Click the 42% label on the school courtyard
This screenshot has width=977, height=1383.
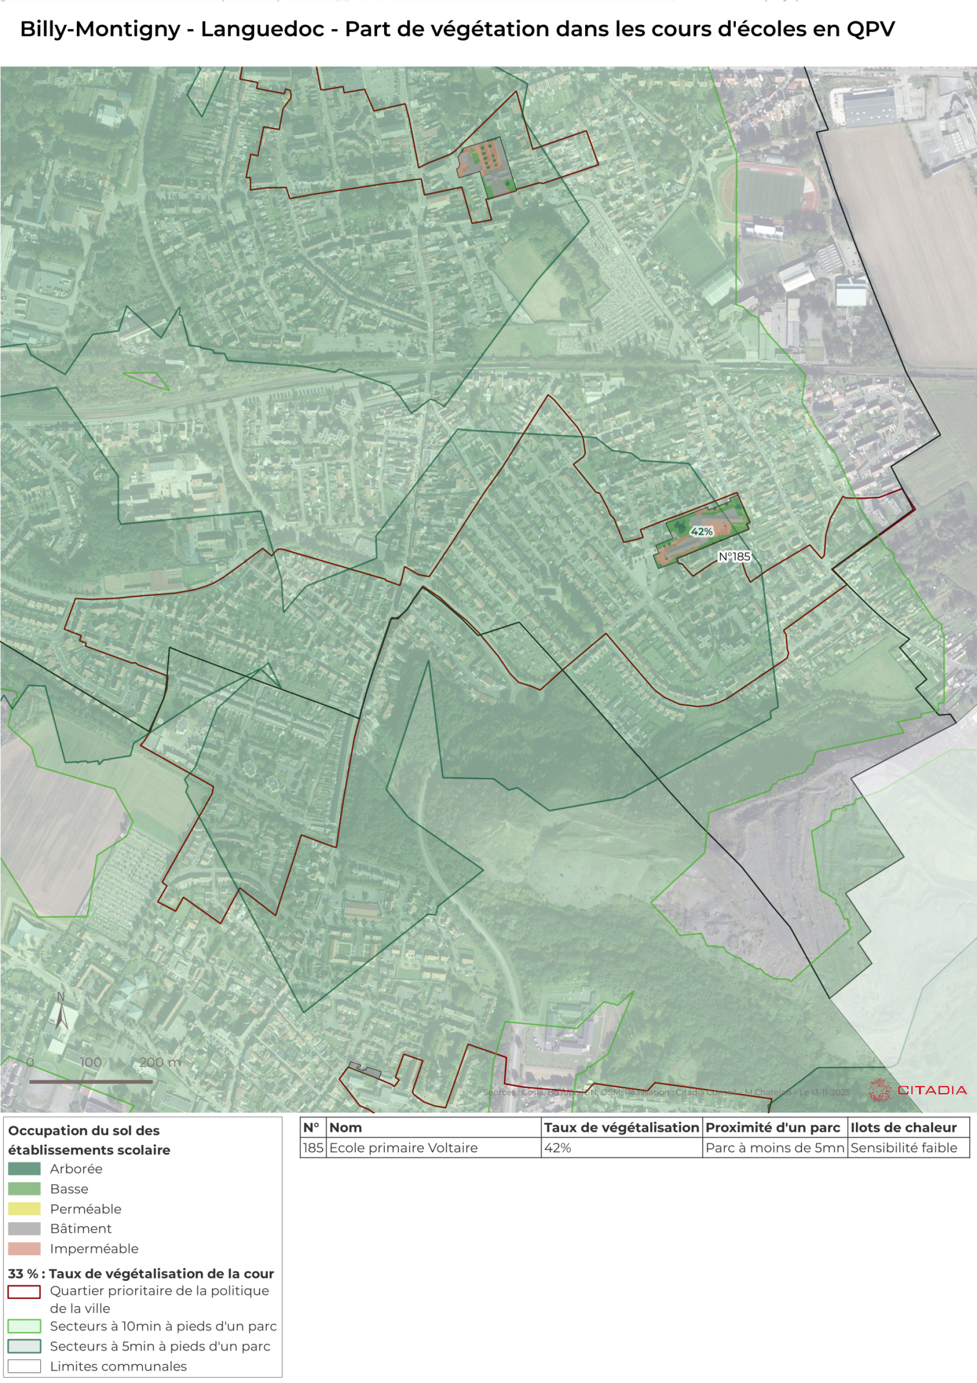701,531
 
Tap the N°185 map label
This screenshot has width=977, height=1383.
734,557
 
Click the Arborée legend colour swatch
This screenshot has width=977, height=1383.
24,1169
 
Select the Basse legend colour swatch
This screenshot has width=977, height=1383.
24,1189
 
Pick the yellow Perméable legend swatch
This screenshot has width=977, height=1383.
24,1209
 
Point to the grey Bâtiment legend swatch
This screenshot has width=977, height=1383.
24,1229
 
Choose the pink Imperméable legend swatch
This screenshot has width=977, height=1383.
24,1249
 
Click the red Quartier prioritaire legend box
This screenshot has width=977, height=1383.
24,1292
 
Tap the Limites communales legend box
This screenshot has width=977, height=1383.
24,1366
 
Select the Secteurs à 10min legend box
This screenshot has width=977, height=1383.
24,1326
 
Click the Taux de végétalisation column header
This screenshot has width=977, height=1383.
621,1127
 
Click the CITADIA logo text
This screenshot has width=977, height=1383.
931,1090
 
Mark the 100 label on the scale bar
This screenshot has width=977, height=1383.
91,1062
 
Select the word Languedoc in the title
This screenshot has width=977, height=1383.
263,29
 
